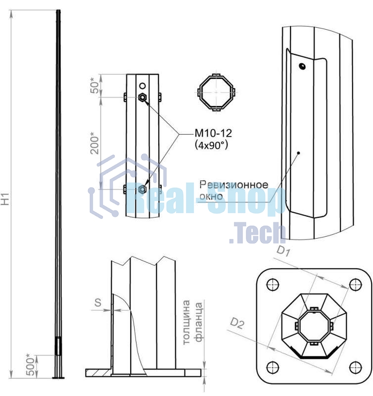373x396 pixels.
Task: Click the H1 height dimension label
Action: pos(5,199)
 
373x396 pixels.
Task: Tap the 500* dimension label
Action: pos(30,365)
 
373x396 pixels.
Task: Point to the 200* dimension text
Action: pos(94,143)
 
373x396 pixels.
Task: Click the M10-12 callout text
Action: pos(213,133)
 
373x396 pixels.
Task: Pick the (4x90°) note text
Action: pos(212,145)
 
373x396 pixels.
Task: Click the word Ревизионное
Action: pos(233,185)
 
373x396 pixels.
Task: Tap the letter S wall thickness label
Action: pos(97,302)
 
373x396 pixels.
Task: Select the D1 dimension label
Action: pos(283,251)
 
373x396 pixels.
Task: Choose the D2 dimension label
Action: pos(237,324)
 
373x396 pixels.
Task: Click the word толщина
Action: pos(186,322)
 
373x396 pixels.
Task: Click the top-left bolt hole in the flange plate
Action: pos(273,285)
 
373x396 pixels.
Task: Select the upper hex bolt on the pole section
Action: pos(142,97)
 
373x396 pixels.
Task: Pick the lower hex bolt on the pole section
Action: pos(142,189)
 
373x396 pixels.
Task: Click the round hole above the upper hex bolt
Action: pos(142,86)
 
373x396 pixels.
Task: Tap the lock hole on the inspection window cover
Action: pos(302,66)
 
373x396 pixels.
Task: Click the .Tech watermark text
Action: pos(257,232)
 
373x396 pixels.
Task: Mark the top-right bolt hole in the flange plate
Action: pos(356,285)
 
